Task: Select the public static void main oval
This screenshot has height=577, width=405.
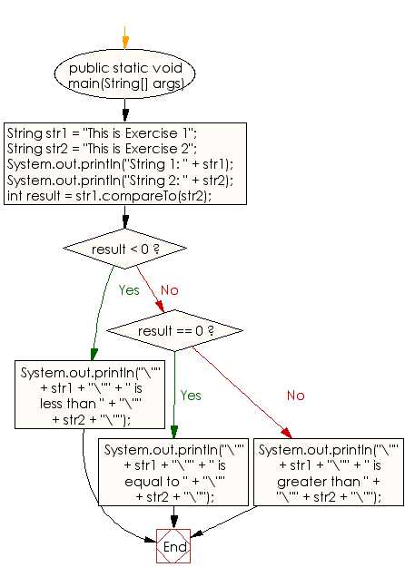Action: tap(125, 75)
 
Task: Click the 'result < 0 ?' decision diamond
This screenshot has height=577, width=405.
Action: tap(125, 249)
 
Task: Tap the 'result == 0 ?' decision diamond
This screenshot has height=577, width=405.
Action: tap(174, 331)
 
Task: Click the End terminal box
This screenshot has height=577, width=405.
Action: tap(173, 547)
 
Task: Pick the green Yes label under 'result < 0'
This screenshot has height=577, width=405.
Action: tap(129, 290)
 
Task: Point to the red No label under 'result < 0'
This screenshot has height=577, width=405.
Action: tap(170, 290)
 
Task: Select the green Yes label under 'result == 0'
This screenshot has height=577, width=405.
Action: tap(191, 396)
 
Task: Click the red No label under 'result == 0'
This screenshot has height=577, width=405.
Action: tap(297, 396)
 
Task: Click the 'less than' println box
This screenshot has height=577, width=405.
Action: tap(74, 394)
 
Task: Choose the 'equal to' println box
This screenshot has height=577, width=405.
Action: tap(173, 473)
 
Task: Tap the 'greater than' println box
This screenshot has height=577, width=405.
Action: tap(327, 473)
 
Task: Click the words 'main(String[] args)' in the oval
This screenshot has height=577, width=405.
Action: tap(125, 83)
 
